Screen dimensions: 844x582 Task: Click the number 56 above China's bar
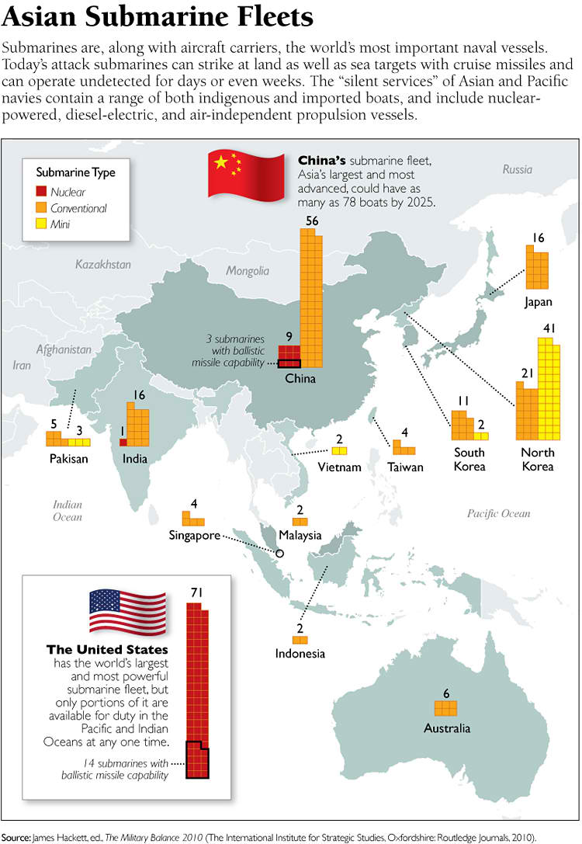[312, 221]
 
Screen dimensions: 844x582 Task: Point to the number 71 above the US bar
[196, 592]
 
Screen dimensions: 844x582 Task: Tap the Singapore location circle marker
[280, 554]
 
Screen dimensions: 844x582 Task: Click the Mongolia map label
[248, 271]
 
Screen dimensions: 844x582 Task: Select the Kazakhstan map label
[103, 265]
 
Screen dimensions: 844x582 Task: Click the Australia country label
[446, 728]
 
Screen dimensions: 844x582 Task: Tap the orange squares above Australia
[445, 707]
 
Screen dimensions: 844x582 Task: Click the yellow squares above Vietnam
[339, 450]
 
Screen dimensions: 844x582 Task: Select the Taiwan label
[406, 467]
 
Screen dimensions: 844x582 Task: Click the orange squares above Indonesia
[300, 640]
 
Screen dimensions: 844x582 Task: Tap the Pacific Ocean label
[498, 513]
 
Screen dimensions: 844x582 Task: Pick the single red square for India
[123, 442]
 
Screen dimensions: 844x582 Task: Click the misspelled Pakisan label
[68, 458]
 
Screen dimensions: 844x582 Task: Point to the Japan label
[538, 300]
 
